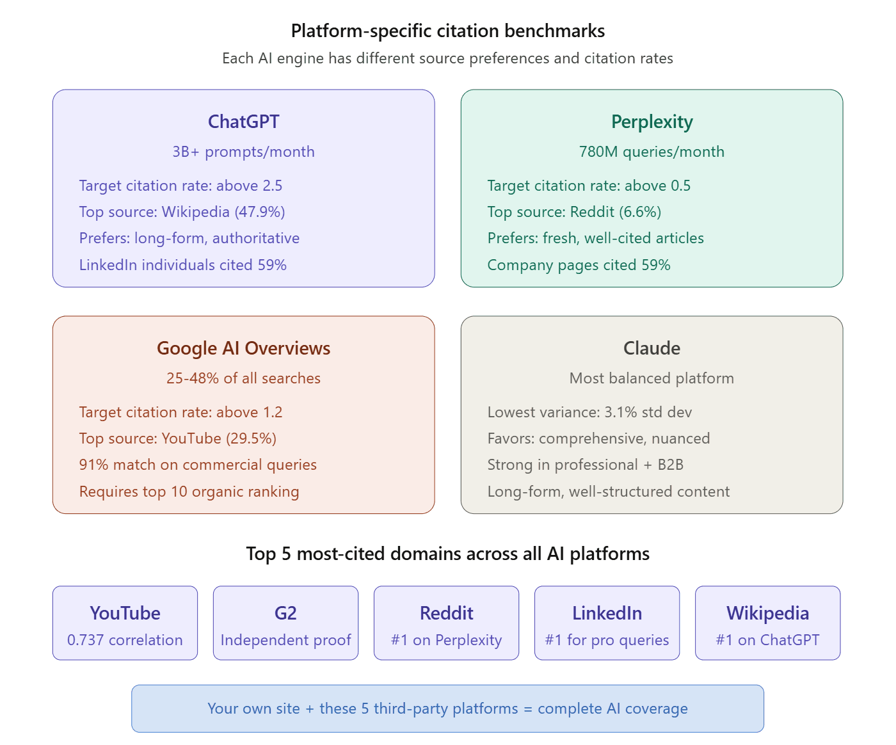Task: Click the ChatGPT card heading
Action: point(243,122)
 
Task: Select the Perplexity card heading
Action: point(652,122)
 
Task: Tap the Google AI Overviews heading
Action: point(243,348)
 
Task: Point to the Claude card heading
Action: point(652,348)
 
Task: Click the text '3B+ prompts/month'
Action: point(243,152)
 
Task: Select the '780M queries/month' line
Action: point(652,152)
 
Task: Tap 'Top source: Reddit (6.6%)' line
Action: point(574,212)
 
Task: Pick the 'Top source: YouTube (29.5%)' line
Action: point(178,438)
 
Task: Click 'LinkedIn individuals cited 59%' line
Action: point(182,265)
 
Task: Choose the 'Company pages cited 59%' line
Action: point(579,265)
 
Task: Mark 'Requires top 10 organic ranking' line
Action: point(189,492)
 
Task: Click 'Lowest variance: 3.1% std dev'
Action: point(589,412)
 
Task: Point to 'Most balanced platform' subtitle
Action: point(652,378)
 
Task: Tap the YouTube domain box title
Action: point(125,613)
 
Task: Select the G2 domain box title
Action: point(285,613)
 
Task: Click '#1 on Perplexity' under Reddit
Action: point(446,640)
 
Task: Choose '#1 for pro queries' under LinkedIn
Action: point(607,640)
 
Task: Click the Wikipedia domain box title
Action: point(767,613)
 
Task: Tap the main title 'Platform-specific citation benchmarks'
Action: point(448,31)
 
